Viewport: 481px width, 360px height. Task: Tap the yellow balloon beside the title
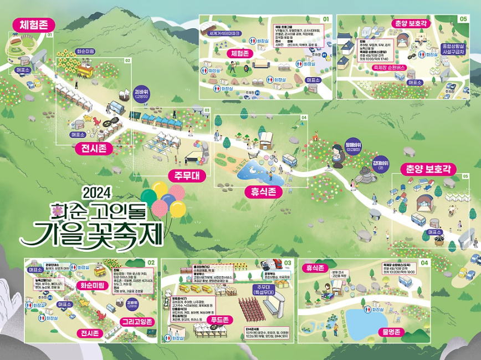point(177,209)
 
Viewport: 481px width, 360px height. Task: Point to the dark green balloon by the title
point(149,195)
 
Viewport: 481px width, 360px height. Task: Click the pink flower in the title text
point(56,209)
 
